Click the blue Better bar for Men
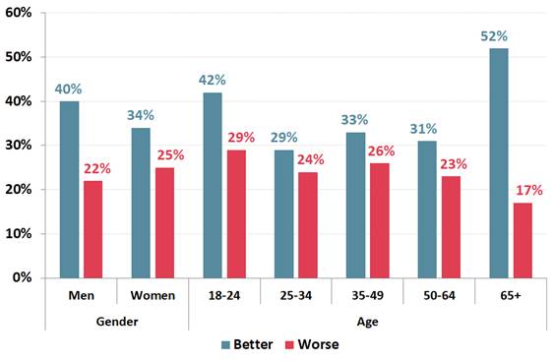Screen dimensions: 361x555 [x=68, y=189]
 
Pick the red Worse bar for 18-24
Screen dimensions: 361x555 [x=236, y=213]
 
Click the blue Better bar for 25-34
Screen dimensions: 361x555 [x=284, y=213]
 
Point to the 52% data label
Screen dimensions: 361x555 [x=497, y=37]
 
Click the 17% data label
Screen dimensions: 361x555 [x=524, y=191]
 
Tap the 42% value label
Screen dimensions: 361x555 [x=211, y=81]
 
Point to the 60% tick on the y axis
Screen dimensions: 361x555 [x=21, y=13]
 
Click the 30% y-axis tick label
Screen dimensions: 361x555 [x=21, y=146]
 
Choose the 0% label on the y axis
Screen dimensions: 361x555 [x=25, y=278]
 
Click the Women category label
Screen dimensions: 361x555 [x=153, y=295]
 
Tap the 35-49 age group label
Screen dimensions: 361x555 [x=368, y=295]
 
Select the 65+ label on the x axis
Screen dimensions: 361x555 [x=511, y=295]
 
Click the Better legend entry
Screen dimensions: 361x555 [x=246, y=345]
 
